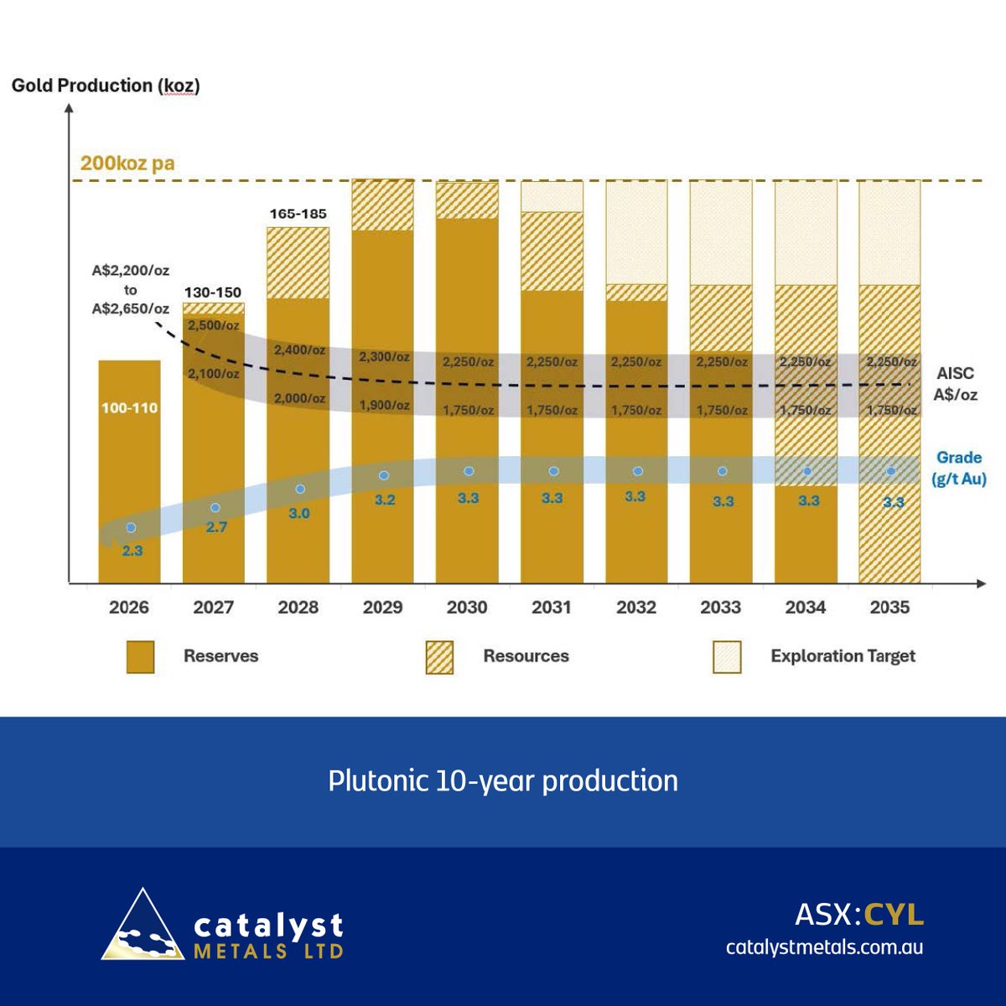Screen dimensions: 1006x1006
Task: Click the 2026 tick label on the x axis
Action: point(129,607)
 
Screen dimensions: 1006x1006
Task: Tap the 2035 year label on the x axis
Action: point(889,607)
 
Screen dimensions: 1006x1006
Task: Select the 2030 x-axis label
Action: point(467,607)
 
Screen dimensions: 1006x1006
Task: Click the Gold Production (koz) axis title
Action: point(106,86)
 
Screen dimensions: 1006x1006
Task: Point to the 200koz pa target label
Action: point(127,163)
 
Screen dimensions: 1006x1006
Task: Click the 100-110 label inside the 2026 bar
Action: point(130,408)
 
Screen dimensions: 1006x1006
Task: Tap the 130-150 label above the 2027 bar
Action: point(213,293)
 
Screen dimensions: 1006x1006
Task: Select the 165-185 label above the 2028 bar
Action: point(298,214)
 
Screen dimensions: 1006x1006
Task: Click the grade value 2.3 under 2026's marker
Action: point(132,551)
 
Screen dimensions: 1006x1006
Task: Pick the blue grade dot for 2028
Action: point(300,489)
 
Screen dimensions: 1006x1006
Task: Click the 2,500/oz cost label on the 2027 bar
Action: point(213,325)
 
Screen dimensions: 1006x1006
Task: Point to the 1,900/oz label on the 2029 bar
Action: point(384,406)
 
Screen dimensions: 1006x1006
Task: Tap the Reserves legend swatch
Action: point(141,657)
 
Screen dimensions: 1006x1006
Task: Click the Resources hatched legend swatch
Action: point(439,657)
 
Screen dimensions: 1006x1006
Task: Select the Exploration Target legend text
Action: point(843,656)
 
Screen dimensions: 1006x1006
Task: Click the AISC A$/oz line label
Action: point(955,384)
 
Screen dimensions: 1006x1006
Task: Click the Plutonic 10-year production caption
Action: point(503,780)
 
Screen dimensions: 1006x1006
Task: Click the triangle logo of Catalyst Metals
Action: point(142,926)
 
